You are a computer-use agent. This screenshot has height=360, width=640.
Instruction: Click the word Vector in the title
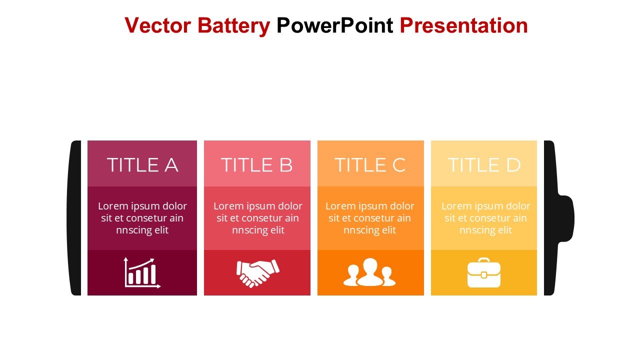pyautogui.click(x=157, y=25)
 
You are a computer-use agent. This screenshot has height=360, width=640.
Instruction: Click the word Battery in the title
pyautogui.click(x=233, y=26)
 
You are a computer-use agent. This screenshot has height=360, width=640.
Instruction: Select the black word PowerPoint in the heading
pyautogui.click(x=335, y=25)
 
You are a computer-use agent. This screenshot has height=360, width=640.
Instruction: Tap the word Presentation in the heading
pyautogui.click(x=463, y=25)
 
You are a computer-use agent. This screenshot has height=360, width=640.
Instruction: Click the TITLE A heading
pyautogui.click(x=142, y=165)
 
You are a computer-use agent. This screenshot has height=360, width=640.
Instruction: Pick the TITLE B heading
pyautogui.click(x=257, y=165)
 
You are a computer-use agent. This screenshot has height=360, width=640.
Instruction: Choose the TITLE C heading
pyautogui.click(x=370, y=165)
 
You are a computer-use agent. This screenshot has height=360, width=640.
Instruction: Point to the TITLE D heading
pyautogui.click(x=484, y=165)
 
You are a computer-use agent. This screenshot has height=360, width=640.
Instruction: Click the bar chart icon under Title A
pyautogui.click(x=142, y=273)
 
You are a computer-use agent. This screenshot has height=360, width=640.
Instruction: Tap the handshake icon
pyautogui.click(x=257, y=273)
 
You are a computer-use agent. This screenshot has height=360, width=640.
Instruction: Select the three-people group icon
pyautogui.click(x=369, y=272)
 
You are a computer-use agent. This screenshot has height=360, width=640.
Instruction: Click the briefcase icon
pyautogui.click(x=484, y=272)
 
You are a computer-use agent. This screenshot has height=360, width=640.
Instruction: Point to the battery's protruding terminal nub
pyautogui.click(x=565, y=218)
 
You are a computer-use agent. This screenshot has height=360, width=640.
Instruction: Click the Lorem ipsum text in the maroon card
pyautogui.click(x=142, y=218)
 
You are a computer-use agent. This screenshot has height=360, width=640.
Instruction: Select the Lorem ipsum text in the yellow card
pyautogui.click(x=485, y=218)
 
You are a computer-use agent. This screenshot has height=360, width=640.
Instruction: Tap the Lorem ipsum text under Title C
pyautogui.click(x=369, y=218)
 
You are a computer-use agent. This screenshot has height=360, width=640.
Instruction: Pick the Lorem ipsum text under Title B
pyautogui.click(x=257, y=218)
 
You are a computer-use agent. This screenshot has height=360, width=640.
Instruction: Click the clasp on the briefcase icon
pyautogui.click(x=484, y=275)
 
